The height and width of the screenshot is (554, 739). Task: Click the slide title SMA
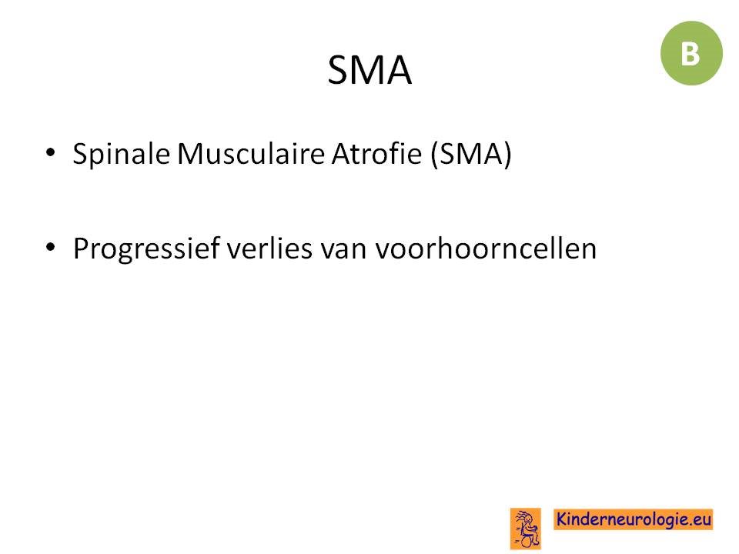[x=369, y=70]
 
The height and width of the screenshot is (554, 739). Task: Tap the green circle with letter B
[x=691, y=53]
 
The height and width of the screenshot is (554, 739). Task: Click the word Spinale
[x=122, y=154]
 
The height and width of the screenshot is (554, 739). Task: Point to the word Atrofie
[x=376, y=154]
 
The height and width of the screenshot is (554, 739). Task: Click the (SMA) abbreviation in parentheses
[x=471, y=154]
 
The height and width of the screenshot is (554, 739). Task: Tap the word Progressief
[x=146, y=249]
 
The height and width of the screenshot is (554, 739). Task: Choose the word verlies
[x=269, y=249]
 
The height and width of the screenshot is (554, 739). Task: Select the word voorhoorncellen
[x=486, y=249]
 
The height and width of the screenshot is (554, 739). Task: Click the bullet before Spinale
[x=51, y=152]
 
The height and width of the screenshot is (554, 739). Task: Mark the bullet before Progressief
[x=51, y=247]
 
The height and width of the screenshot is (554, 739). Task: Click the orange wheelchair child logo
[x=526, y=529]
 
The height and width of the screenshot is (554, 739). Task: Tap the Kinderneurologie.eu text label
[x=633, y=519]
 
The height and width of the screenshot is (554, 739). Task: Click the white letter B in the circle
[x=691, y=54]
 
